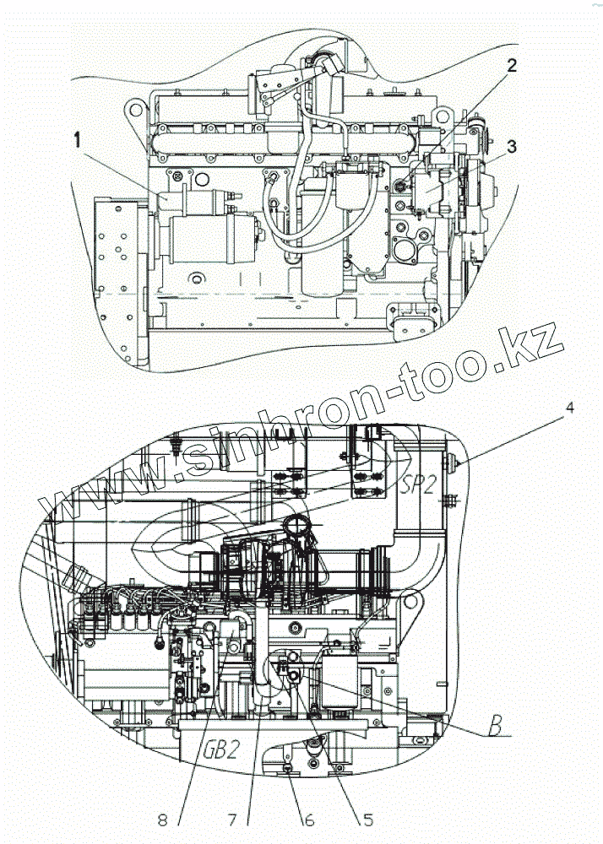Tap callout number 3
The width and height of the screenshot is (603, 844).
[512, 147]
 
